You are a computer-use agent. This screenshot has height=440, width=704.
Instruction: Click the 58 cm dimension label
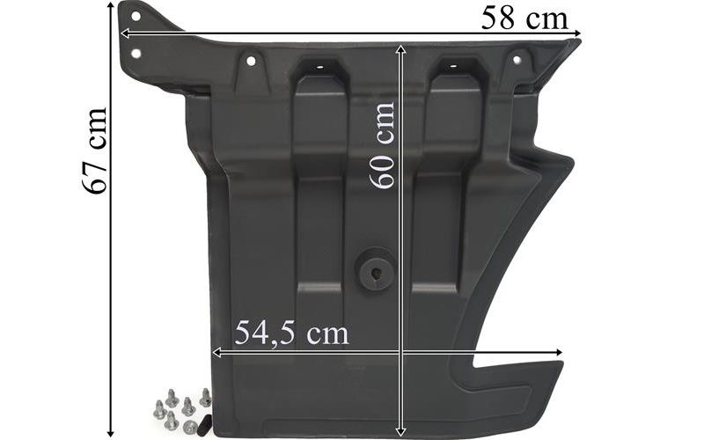click(x=524, y=19)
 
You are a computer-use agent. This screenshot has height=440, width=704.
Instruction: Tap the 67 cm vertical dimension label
click(x=95, y=150)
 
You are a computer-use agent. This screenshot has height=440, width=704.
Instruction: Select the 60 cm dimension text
click(x=382, y=146)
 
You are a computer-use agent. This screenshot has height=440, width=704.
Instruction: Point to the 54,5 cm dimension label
click(x=291, y=334)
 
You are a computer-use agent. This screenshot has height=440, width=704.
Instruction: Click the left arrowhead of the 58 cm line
click(x=124, y=33)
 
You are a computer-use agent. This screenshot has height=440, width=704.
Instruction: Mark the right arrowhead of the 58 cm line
click(x=578, y=33)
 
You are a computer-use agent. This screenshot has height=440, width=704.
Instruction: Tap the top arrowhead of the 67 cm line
click(x=111, y=4)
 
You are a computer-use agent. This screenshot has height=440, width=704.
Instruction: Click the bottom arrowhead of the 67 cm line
click(x=111, y=433)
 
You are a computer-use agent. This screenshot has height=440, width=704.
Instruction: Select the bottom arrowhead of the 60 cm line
click(x=401, y=433)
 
